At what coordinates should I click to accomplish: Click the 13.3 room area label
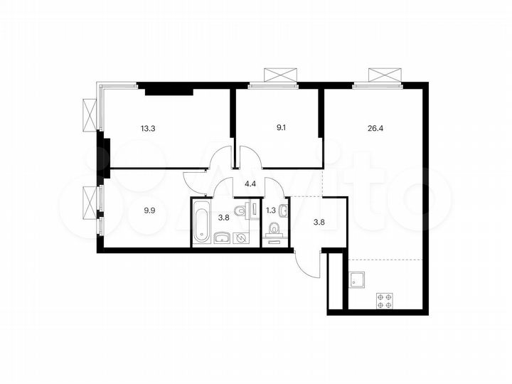tap(148, 129)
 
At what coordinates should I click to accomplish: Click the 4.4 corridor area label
tap(250, 184)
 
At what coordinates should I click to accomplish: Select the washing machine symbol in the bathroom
tap(242, 238)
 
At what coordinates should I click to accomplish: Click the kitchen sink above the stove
tap(357, 279)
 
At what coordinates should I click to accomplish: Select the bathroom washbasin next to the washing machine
tap(223, 238)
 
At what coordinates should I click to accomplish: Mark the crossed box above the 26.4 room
tap(384, 75)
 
